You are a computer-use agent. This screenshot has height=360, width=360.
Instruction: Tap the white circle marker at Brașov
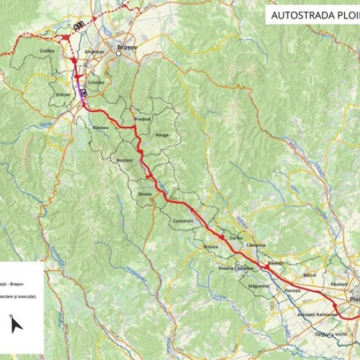(119, 52)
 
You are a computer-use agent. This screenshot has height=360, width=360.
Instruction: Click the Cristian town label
(96, 83)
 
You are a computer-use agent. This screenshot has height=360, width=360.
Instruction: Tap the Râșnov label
(101, 127)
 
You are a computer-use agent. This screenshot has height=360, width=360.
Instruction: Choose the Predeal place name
(143, 120)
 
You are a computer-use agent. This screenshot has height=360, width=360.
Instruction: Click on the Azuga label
(163, 135)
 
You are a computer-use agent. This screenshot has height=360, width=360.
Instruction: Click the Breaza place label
(211, 246)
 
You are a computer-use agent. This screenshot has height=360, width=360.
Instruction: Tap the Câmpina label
(256, 245)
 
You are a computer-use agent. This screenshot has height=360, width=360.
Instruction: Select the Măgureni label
(258, 286)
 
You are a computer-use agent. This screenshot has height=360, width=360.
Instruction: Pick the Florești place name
(292, 290)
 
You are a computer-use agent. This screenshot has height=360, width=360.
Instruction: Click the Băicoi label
(310, 275)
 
